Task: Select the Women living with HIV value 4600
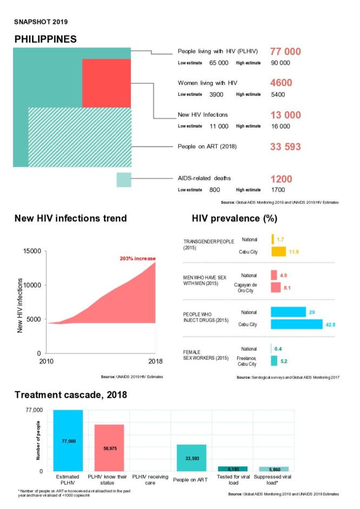pyautogui.click(x=281, y=83)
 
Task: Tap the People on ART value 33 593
pyautogui.click(x=285, y=147)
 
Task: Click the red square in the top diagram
pyautogui.click(x=107, y=83)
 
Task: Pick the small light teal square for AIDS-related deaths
pyautogui.click(x=124, y=180)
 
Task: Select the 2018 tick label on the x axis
pyautogui.click(x=155, y=361)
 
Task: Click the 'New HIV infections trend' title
pyautogui.click(x=70, y=219)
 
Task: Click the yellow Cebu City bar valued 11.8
pyautogui.click(x=278, y=252)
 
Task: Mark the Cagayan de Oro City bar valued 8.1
pyautogui.click(x=276, y=288)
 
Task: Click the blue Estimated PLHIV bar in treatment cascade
pyautogui.click(x=68, y=440)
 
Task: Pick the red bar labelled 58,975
pyautogui.click(x=109, y=447)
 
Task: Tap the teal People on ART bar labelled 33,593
pyautogui.click(x=191, y=458)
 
